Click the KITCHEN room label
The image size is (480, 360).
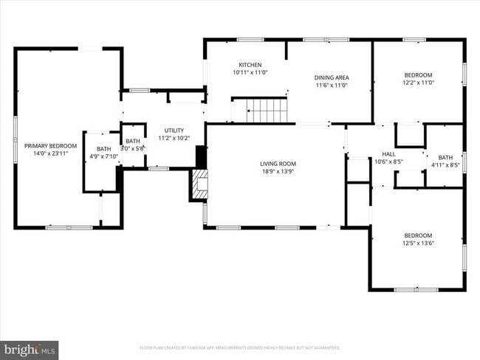[x=250, y=65]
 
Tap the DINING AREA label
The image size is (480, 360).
[x=332, y=77]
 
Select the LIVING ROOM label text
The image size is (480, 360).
[x=278, y=164]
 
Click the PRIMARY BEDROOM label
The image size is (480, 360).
[x=50, y=146]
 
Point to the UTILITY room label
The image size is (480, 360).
[x=174, y=130]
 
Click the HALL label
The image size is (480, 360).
[x=388, y=153]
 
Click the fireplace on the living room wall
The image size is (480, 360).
[x=199, y=184]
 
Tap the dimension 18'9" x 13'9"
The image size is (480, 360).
[x=278, y=171]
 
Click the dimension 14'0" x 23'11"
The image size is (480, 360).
[x=50, y=153]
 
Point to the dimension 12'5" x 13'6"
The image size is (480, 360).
[x=418, y=243]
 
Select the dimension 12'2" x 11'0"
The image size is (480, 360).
[x=418, y=83]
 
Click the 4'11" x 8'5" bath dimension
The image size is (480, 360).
[x=445, y=165]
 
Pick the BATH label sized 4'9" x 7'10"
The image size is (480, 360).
[x=103, y=149]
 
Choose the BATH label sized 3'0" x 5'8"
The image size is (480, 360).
[x=133, y=141]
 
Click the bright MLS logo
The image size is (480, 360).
[x=30, y=349]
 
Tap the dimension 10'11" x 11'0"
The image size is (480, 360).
[x=250, y=72]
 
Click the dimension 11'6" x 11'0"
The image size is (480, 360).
[x=332, y=85]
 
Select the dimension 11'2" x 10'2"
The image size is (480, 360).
[x=174, y=137]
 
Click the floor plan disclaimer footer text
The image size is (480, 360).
[x=240, y=347]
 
